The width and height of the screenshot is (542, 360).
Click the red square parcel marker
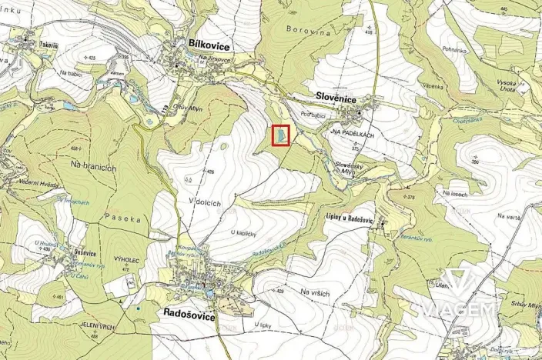[x=282, y=135]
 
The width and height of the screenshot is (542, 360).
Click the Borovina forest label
[x=309, y=33]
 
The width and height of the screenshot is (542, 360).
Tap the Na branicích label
[x=92, y=165]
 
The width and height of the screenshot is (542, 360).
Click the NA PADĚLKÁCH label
[x=351, y=132]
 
